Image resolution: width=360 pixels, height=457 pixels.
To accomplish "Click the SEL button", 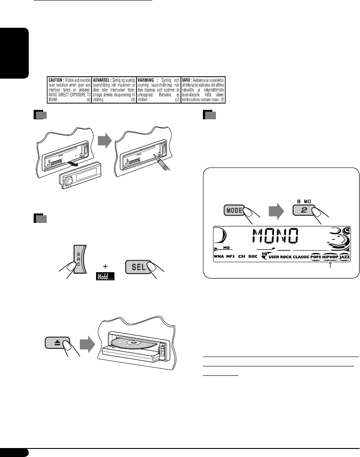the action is (138, 266).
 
